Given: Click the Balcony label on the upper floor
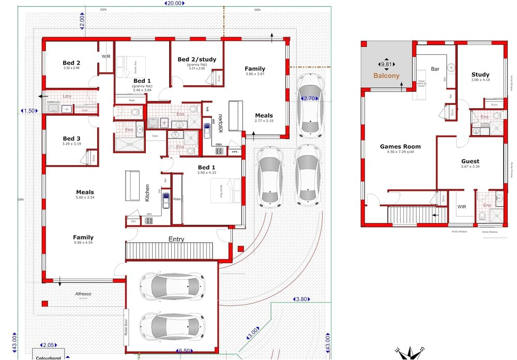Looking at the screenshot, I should tap(387, 76).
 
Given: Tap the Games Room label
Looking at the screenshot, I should tap(400, 147).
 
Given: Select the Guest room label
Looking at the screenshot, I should tap(470, 161).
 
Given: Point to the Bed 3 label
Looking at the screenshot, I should tap(71, 139).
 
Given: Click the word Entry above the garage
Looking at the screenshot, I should tap(176, 239).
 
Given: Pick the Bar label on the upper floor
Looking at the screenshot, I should tap(435, 69).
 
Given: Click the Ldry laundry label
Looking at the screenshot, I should tap(67, 96).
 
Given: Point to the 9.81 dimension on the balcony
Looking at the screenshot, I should tap(387, 64).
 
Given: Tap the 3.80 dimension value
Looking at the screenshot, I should tap(301, 299).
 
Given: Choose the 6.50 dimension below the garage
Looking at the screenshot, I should tap(184, 351).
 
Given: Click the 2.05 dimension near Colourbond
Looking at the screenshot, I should tap(48, 345).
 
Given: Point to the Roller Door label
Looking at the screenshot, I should tap(126, 326).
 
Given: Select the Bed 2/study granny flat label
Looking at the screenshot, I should tap(196, 60).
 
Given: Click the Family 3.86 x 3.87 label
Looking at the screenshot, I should tap(255, 69).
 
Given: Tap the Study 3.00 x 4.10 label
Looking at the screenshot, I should tap(480, 75).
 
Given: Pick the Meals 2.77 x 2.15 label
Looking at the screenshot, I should tap(264, 116).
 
